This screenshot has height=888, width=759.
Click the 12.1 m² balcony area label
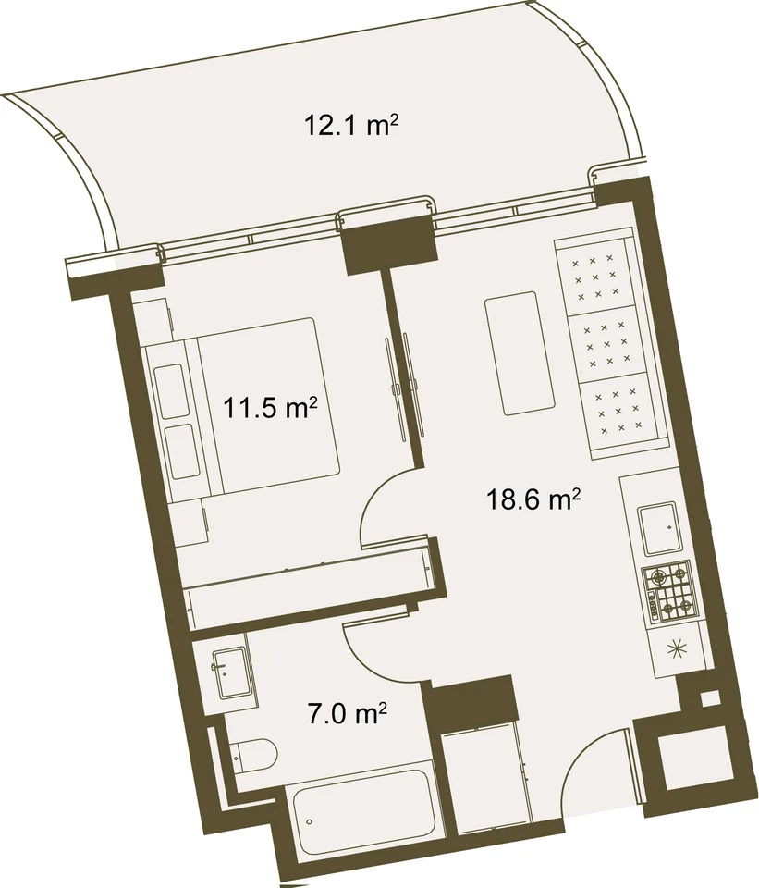(x=349, y=125)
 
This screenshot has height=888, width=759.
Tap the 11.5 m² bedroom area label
(x=269, y=408)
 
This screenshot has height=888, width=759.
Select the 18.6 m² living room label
(x=533, y=499)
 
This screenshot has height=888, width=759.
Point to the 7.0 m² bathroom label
(x=347, y=715)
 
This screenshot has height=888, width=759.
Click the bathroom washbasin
(x=229, y=672)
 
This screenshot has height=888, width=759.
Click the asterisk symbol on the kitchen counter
(x=675, y=649)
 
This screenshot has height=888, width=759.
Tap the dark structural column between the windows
(x=390, y=244)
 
